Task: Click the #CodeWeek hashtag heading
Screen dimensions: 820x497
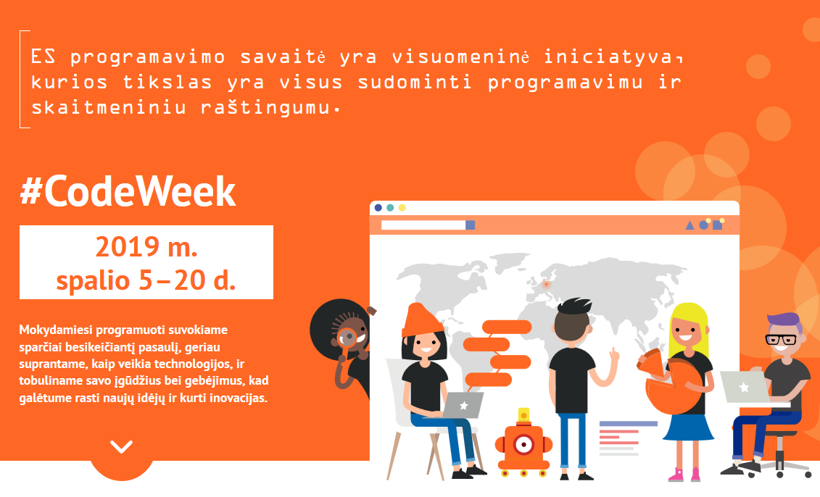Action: pyautogui.click(x=128, y=192)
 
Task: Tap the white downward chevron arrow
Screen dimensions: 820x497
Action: pyautogui.click(x=121, y=446)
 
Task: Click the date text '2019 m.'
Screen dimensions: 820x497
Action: pyautogui.click(x=146, y=246)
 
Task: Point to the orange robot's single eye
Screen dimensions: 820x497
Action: pyautogui.click(x=523, y=445)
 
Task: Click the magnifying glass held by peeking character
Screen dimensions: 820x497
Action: pyautogui.click(x=347, y=338)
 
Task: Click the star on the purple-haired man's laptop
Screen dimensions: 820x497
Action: pyautogui.click(x=744, y=388)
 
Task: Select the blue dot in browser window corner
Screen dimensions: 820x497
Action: pyautogui.click(x=378, y=207)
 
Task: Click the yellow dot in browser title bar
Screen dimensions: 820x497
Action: pyautogui.click(x=402, y=207)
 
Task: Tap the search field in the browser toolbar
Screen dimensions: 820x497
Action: pyautogui.click(x=423, y=225)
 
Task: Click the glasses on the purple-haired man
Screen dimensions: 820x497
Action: pyautogui.click(x=781, y=339)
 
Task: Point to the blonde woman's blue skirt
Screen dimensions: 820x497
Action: pyautogui.click(x=688, y=427)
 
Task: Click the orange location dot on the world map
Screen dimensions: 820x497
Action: pyautogui.click(x=547, y=284)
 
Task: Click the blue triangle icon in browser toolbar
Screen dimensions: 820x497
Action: pyautogui.click(x=689, y=225)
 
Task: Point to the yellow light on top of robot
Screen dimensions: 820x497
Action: pyautogui.click(x=523, y=415)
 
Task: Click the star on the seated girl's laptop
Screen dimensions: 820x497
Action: pyautogui.click(x=463, y=406)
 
